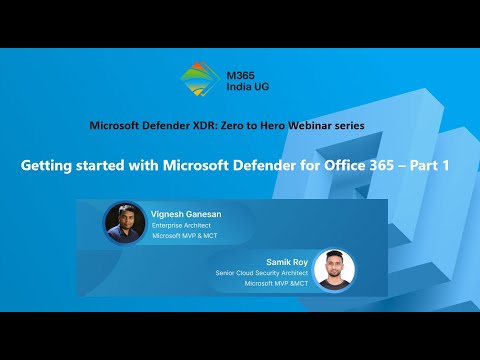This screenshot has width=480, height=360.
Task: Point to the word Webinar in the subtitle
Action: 319,125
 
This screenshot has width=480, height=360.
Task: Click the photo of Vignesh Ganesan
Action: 124,222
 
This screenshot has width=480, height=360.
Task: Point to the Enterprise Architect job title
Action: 180,225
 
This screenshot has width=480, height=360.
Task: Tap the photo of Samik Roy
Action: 334,270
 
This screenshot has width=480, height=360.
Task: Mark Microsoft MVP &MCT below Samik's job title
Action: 274,283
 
